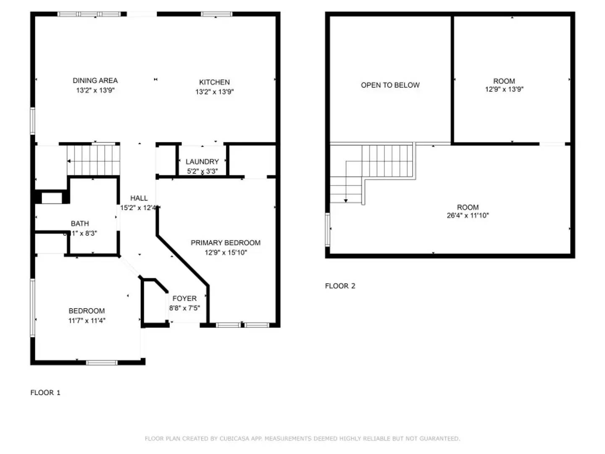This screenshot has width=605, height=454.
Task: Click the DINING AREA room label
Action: (95, 80)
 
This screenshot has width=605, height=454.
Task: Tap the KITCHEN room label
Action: (214, 82)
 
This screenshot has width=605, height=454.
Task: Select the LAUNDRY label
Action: (202, 161)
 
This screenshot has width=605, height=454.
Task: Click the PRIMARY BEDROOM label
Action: (226, 243)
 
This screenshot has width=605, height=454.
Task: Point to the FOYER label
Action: (184, 298)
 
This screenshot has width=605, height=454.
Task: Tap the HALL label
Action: (139, 198)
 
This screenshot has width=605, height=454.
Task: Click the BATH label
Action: (80, 224)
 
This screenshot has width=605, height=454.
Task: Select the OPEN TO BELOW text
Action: (390, 85)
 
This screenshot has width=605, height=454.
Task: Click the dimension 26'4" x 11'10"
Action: (468, 216)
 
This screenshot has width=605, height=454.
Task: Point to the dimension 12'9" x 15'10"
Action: (226, 253)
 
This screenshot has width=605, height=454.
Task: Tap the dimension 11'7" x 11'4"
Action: (87, 321)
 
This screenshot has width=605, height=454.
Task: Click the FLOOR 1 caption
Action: (45, 393)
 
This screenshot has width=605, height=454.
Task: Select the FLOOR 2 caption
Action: (340, 286)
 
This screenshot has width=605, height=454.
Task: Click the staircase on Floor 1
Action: (94, 160)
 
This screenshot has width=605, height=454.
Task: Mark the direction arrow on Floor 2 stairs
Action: (346, 201)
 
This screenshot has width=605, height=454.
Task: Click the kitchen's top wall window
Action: (216, 14)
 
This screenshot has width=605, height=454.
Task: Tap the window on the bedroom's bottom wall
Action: (102, 362)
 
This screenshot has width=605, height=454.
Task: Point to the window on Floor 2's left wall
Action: (327, 229)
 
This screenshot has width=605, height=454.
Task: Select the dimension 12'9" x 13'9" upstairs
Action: (504, 89)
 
